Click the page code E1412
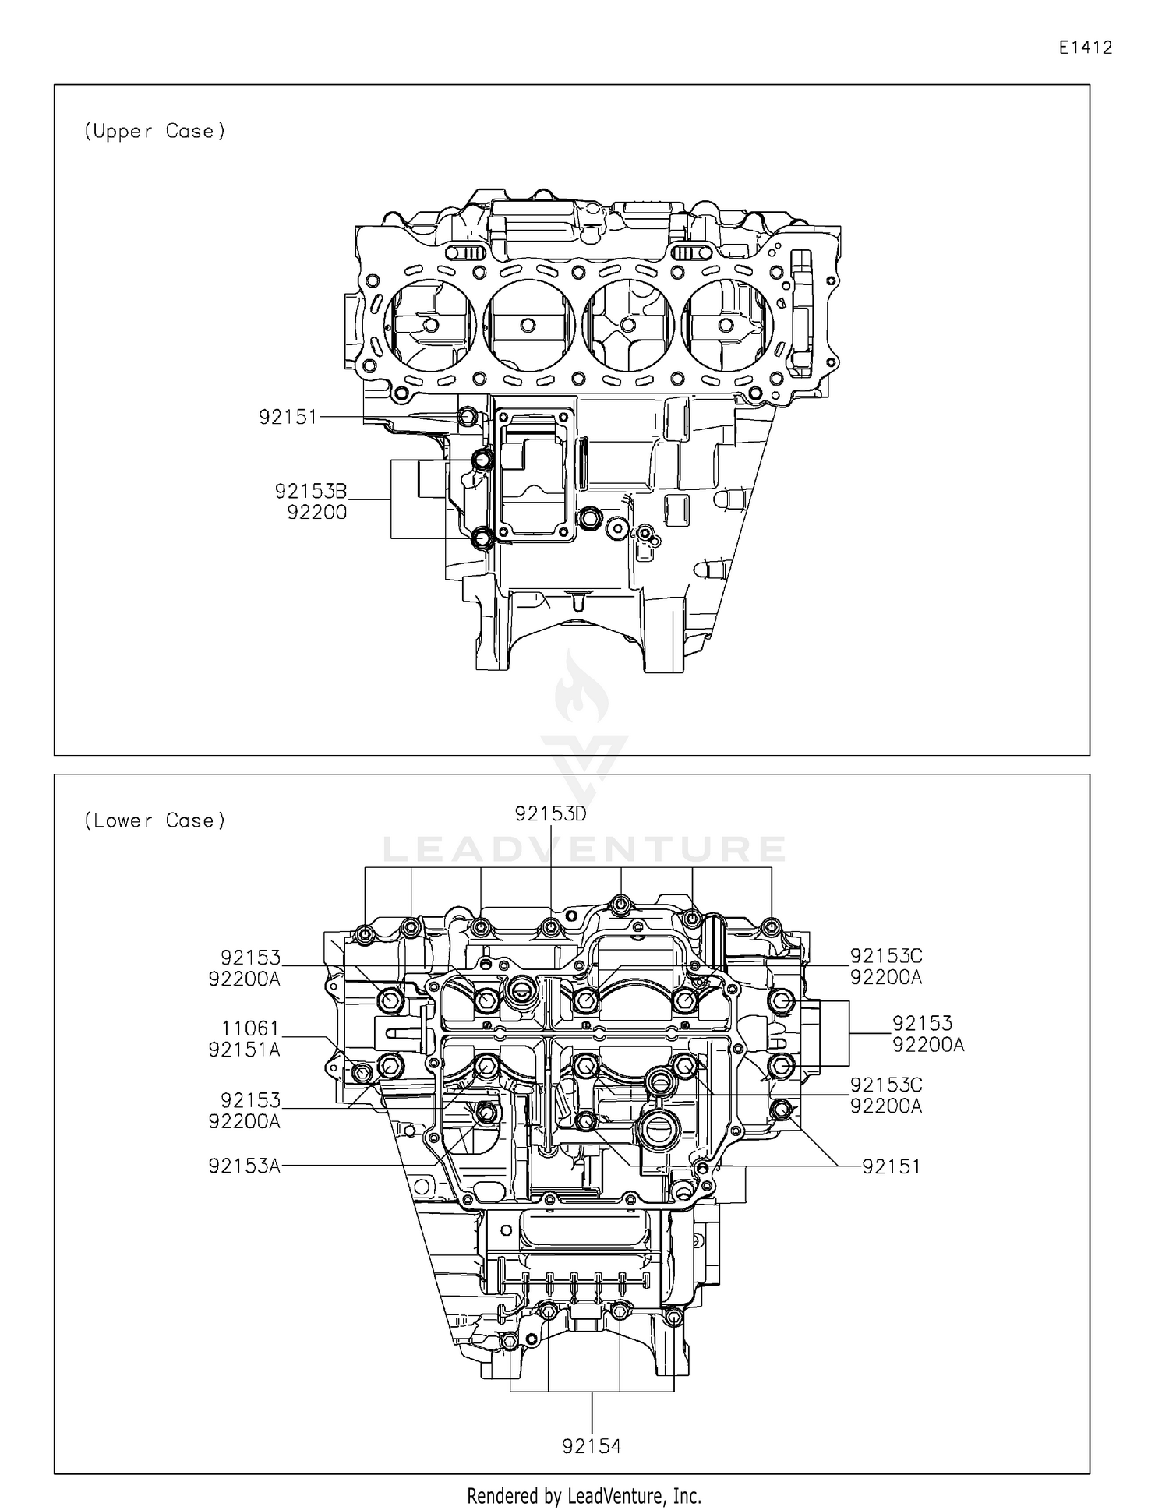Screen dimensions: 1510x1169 (x=1085, y=48)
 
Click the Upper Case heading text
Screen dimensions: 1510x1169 (x=154, y=131)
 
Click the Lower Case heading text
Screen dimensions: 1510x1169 (x=154, y=820)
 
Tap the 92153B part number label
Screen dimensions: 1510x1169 (x=310, y=492)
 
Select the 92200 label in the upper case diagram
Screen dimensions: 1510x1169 (x=316, y=513)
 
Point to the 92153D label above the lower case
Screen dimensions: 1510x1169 (x=550, y=813)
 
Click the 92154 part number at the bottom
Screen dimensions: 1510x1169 (x=592, y=1447)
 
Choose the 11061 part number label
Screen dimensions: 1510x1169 (x=250, y=1029)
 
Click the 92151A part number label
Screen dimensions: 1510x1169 (x=244, y=1050)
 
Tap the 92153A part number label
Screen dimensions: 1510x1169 (x=244, y=1166)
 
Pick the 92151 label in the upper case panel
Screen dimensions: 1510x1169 (x=288, y=418)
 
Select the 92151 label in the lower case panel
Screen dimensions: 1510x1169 (x=891, y=1166)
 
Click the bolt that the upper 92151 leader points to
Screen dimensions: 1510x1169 (x=468, y=418)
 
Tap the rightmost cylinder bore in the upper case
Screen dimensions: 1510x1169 (x=726, y=325)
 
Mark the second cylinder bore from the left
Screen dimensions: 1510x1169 (x=528, y=325)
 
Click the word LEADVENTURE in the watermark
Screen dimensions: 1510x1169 (x=584, y=849)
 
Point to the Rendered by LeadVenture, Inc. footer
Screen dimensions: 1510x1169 (x=584, y=1495)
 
